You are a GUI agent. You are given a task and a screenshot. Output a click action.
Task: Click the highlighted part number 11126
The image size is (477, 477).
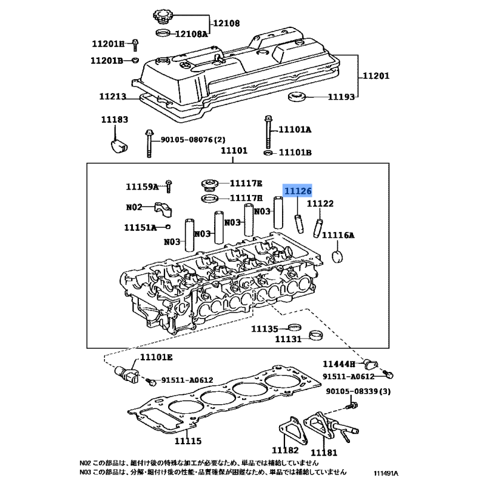(298, 191)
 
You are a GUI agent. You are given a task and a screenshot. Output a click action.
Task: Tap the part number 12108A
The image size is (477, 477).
(191, 35)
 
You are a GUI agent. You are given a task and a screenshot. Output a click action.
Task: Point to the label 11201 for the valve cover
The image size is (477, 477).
(376, 76)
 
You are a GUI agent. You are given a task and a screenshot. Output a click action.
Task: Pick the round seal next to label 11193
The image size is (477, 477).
(296, 97)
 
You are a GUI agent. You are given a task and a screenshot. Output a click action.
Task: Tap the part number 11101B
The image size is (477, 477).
(295, 153)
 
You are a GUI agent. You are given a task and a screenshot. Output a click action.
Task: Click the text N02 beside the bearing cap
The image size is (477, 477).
(134, 207)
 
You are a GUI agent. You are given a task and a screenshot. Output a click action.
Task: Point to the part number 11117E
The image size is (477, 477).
(246, 184)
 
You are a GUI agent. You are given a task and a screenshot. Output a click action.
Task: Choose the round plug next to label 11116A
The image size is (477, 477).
(339, 258)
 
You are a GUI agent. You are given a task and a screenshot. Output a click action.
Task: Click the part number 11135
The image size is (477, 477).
(264, 329)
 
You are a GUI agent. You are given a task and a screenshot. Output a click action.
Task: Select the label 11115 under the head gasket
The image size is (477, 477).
(187, 441)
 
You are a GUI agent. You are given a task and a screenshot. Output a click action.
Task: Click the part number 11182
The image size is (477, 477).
(284, 450)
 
